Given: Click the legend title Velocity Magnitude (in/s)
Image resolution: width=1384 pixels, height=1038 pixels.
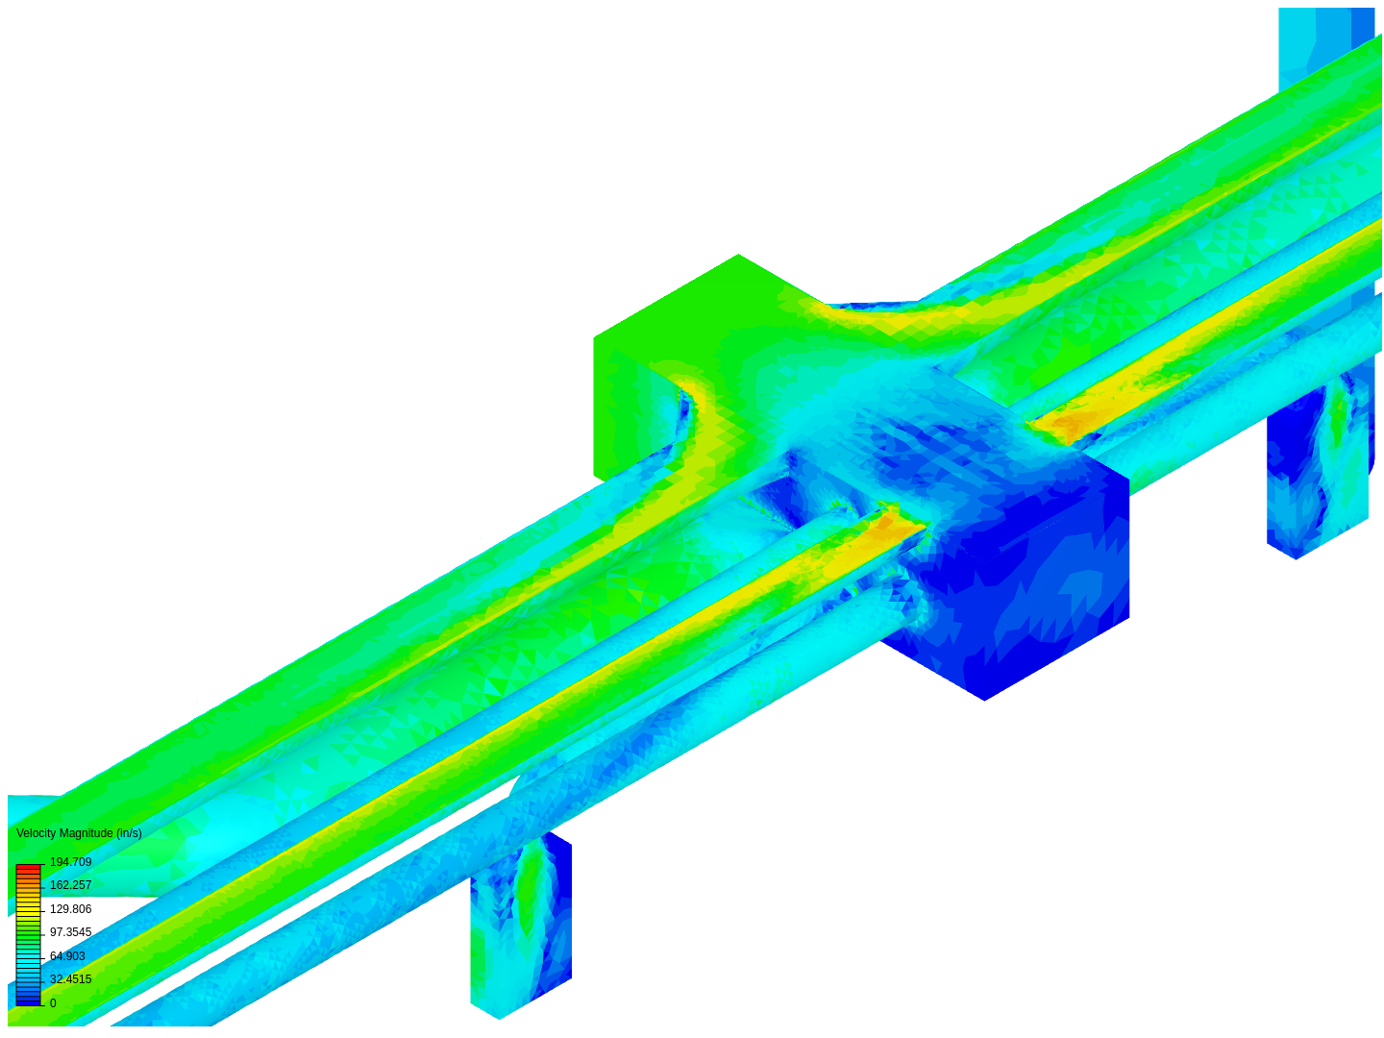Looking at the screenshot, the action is tap(79, 833).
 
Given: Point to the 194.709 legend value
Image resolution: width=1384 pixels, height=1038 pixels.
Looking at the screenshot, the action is tap(70, 861).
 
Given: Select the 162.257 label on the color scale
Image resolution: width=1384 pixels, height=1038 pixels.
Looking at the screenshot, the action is tap(70, 885).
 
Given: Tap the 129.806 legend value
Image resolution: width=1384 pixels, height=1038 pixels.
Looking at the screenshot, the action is tap(70, 909).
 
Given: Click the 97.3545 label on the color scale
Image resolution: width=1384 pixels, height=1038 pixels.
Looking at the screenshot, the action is tap(70, 931).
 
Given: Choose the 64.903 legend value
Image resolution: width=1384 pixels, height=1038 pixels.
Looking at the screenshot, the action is tap(67, 955).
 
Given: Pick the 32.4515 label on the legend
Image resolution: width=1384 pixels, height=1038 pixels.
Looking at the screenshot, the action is tap(70, 978).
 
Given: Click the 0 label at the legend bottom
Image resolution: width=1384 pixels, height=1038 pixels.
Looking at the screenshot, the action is tap(53, 1002).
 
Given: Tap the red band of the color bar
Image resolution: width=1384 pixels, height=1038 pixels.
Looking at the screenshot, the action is tap(29, 868).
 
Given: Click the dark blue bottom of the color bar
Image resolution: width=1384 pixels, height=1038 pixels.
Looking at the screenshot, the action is tap(29, 1001).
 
